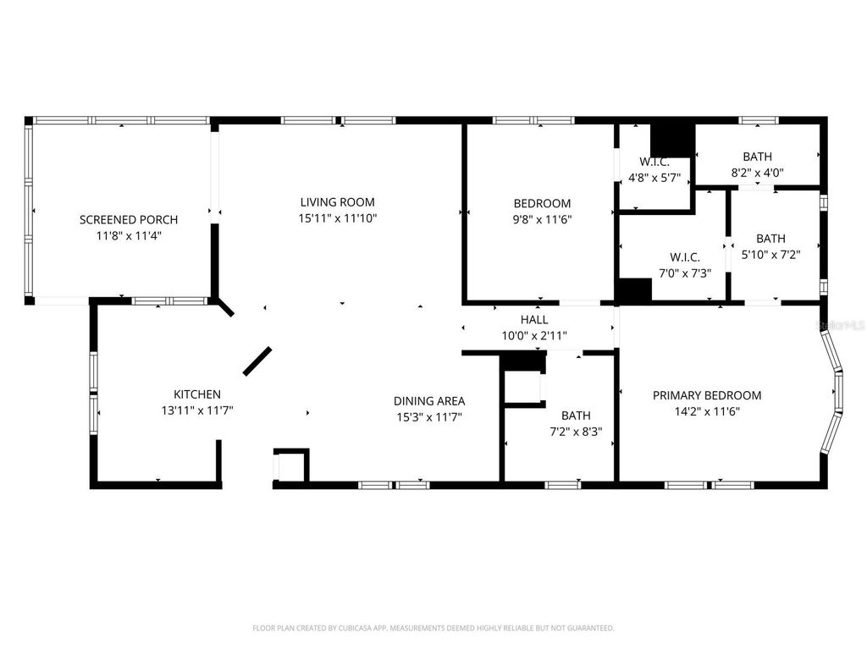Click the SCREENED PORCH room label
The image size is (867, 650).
pos(129,220)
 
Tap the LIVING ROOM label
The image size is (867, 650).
pos(337,202)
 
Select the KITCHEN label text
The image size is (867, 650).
pos(197,394)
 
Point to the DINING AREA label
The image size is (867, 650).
pos(429,401)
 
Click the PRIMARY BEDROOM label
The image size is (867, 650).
pos(706,395)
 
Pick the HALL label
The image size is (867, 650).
pos(534,320)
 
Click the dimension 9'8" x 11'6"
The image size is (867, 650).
pos(542,219)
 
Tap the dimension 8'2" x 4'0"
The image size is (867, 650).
pos(757,172)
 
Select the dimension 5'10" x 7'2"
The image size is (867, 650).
pos(770,254)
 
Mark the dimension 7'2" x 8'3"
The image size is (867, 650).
pos(576,431)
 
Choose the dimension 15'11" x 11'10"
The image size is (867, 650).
pos(337,218)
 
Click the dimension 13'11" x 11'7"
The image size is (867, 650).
pos(197,410)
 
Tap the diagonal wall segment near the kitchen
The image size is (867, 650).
pos(257,361)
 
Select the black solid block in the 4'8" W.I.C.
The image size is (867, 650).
pos(671,138)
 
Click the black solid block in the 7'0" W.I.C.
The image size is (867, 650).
pos(634,290)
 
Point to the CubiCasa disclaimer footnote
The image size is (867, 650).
pos(433,628)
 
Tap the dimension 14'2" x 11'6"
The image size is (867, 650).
pos(706,411)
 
